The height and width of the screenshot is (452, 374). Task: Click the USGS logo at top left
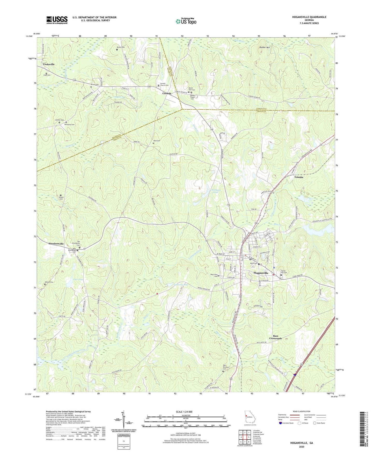point(57,20)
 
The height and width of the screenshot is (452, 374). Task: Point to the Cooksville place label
point(49,64)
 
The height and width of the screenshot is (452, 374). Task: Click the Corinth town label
point(166,93)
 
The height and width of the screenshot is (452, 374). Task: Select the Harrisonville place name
point(56,244)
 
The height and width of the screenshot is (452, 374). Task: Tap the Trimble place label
point(299,177)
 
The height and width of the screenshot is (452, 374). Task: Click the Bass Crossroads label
point(275,337)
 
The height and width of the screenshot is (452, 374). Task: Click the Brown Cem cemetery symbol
point(117,50)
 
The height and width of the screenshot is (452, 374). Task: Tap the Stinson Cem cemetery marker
point(61,195)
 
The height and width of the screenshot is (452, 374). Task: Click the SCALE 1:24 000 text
point(184,412)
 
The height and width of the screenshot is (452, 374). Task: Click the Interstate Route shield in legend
point(281,423)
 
